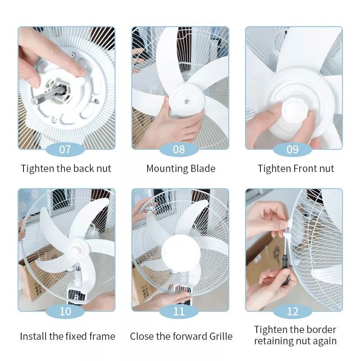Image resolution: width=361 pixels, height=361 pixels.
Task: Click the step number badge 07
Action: (65, 149)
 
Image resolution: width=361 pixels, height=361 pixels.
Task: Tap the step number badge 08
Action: (179, 149)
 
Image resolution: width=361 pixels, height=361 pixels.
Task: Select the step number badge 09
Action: (292, 149)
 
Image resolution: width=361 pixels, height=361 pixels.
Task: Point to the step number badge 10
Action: (65, 311)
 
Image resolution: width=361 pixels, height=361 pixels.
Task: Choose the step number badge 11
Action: (179, 311)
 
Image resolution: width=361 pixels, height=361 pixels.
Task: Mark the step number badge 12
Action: (292, 311)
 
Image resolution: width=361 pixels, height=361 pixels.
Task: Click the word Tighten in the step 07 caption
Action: (37, 169)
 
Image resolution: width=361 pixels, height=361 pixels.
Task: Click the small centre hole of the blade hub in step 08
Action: (186, 101)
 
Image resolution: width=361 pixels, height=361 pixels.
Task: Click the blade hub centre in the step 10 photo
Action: (75, 249)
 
